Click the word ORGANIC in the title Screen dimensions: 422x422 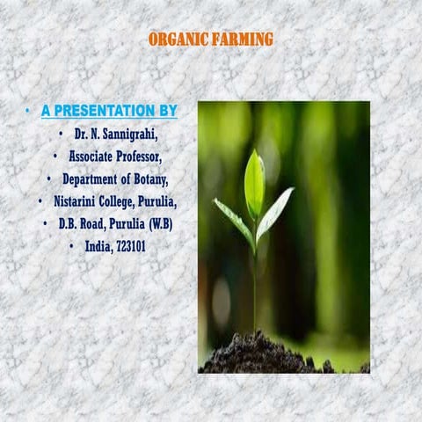tap(178, 40)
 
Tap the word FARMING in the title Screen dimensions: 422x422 tap(243, 40)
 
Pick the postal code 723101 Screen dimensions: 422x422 tap(127, 247)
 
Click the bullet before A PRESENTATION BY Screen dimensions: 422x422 tap(28, 111)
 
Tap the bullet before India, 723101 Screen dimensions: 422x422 tap(69, 247)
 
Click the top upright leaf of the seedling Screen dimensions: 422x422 tap(254, 183)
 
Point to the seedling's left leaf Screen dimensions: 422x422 tap(233, 221)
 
